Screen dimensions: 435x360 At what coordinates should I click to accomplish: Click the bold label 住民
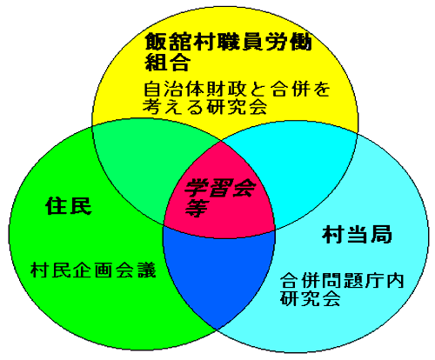click(69, 206)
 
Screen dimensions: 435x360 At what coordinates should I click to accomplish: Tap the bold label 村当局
click(358, 234)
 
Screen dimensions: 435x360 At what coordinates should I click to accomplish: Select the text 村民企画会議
click(93, 270)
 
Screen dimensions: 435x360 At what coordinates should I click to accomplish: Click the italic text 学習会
click(220, 188)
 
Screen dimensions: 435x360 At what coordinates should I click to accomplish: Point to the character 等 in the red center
click(197, 208)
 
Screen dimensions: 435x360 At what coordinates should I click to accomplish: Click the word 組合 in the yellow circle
click(168, 62)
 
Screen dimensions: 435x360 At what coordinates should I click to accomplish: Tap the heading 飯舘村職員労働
click(228, 42)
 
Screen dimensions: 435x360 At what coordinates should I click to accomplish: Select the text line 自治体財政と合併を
click(237, 90)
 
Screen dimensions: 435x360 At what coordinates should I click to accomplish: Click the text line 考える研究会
click(204, 107)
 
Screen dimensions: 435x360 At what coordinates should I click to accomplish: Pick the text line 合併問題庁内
click(342, 280)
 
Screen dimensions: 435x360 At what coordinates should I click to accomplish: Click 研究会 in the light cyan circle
click(310, 297)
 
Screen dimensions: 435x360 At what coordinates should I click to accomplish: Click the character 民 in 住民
click(80, 206)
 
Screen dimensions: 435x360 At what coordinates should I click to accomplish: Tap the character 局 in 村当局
click(381, 234)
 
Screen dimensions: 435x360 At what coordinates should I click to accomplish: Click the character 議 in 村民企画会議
click(147, 270)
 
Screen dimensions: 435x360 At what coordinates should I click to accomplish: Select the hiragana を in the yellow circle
click(321, 90)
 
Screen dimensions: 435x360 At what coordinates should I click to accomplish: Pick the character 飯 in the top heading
click(155, 42)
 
